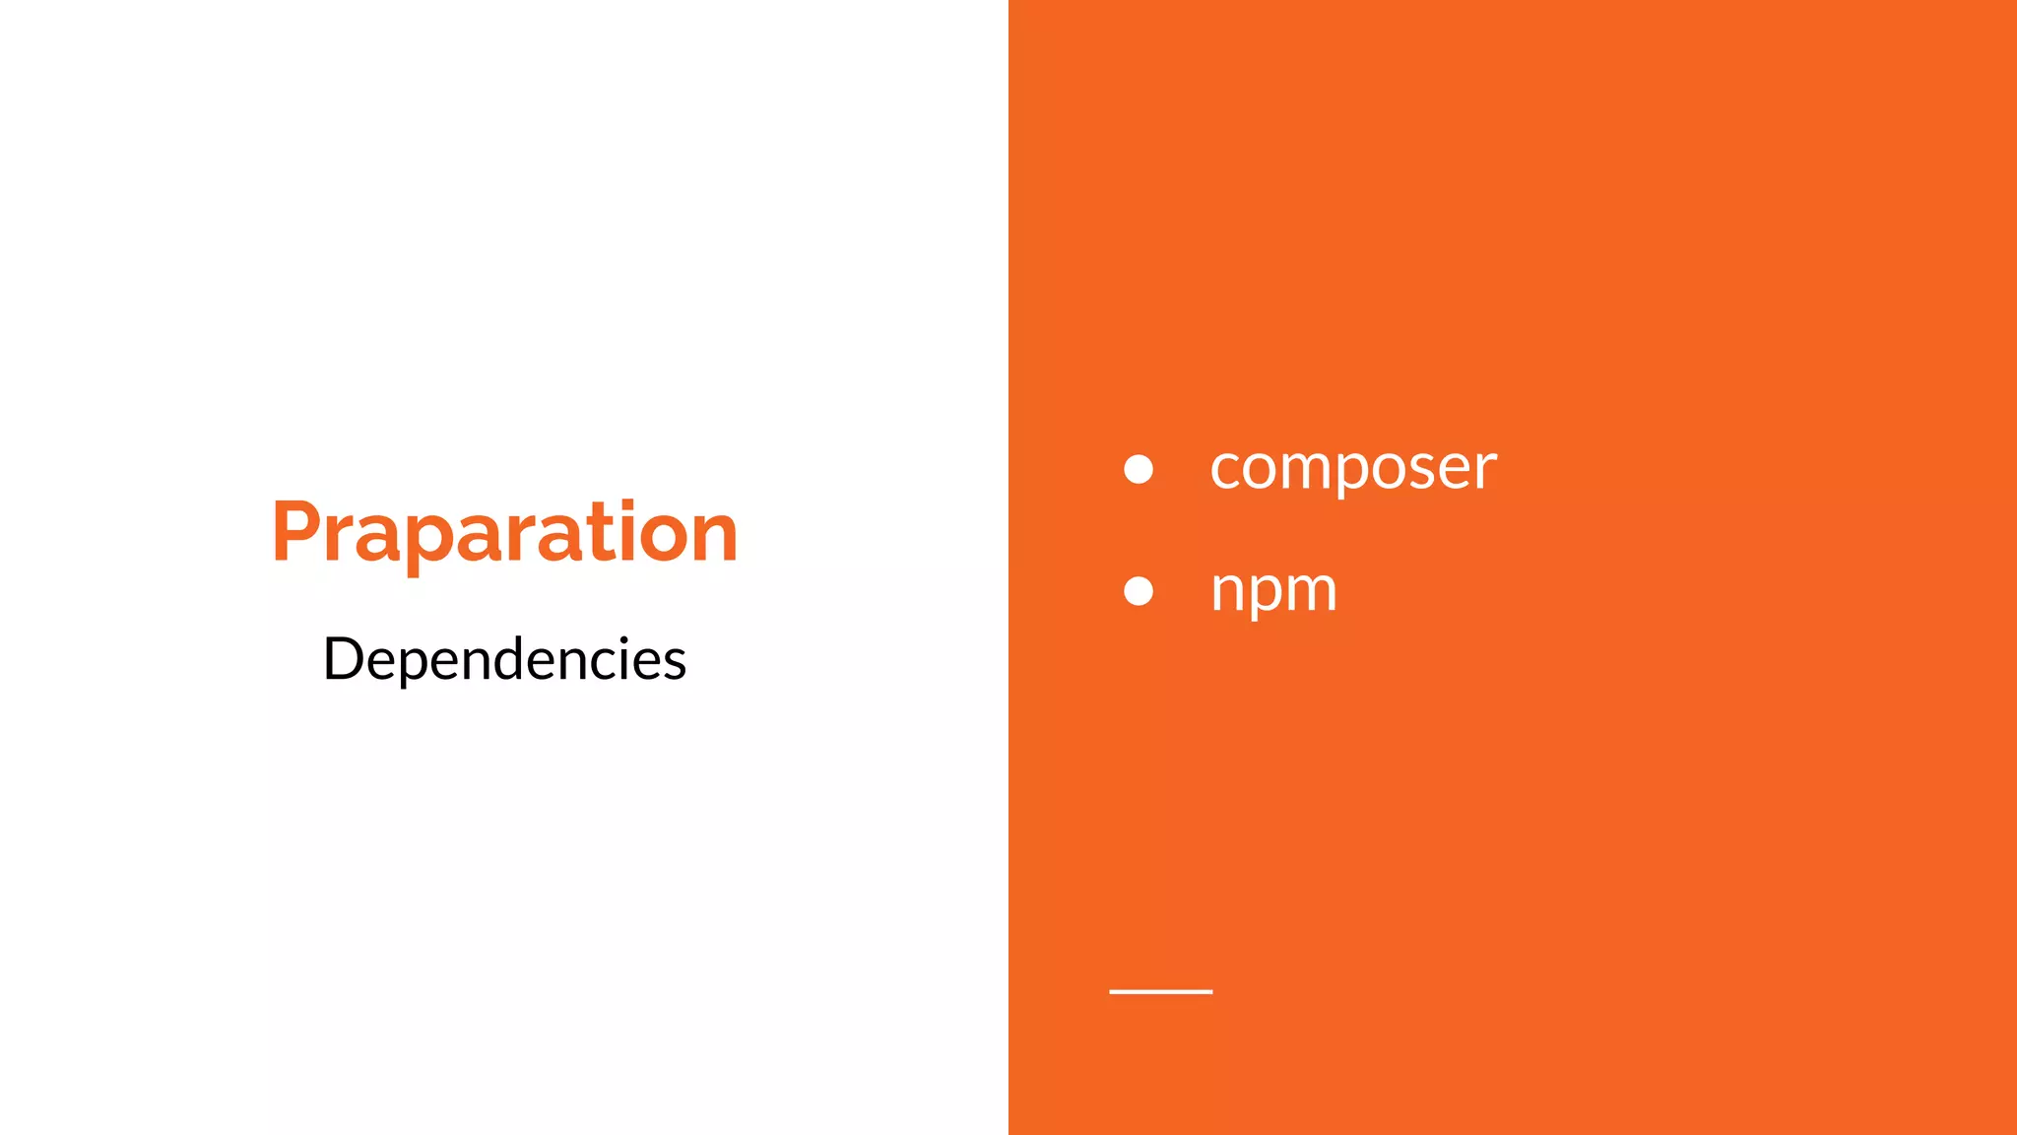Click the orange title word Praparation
click(x=504, y=533)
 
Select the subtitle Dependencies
click(x=504, y=659)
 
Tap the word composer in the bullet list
click(x=1352, y=467)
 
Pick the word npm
click(x=1272, y=590)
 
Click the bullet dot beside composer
click(x=1139, y=469)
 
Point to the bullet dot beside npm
click(x=1139, y=591)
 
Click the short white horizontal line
click(x=1160, y=991)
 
